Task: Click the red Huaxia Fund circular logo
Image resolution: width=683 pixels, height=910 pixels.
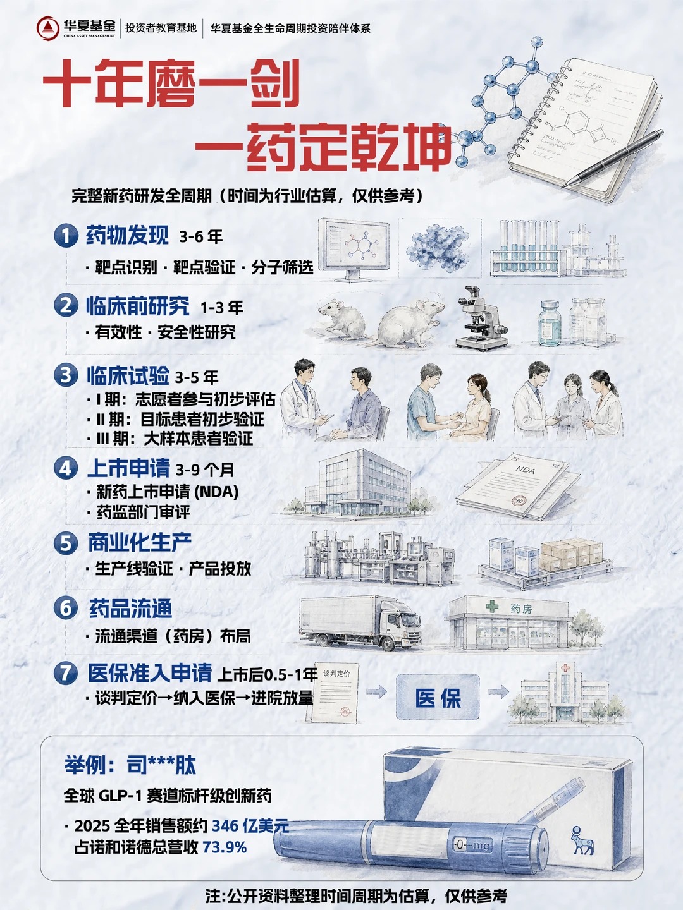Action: tap(48, 28)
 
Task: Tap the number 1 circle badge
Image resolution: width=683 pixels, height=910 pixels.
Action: tap(66, 236)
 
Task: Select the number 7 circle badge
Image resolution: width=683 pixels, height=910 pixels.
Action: tap(66, 673)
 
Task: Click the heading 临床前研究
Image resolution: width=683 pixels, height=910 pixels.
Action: tap(138, 306)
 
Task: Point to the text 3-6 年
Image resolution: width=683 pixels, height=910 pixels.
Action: tap(200, 237)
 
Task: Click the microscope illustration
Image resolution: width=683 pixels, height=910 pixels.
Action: tap(482, 318)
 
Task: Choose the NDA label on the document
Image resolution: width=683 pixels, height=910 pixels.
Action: tap(525, 470)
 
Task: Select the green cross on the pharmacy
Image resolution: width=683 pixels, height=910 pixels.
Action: tap(492, 606)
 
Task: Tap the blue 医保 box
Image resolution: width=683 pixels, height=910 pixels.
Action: tap(438, 698)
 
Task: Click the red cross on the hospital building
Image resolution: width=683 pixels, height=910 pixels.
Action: tap(565, 668)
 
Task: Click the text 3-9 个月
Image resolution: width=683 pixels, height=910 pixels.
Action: tap(204, 470)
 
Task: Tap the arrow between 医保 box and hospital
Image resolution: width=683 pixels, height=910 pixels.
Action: tap(498, 691)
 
